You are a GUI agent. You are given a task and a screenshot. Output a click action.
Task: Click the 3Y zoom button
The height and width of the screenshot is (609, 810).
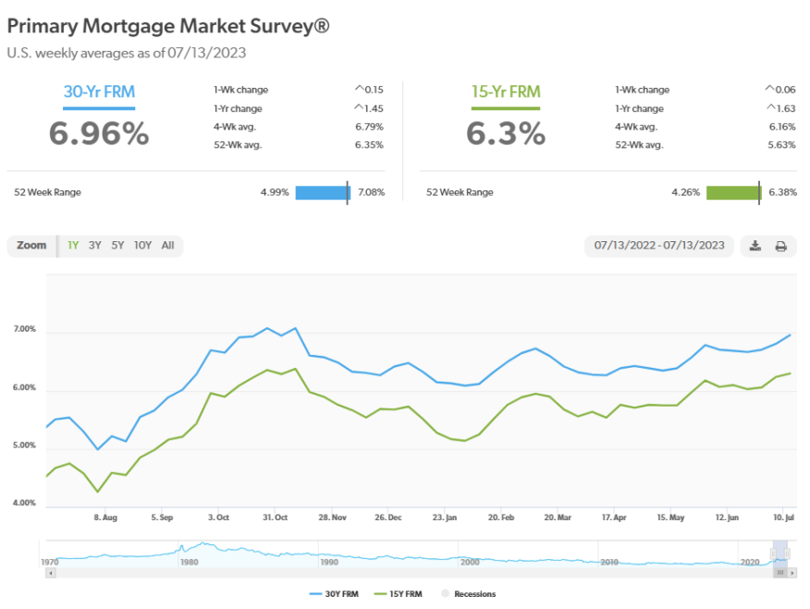click(x=95, y=246)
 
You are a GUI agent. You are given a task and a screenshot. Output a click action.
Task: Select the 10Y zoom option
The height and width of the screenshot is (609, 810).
click(x=142, y=246)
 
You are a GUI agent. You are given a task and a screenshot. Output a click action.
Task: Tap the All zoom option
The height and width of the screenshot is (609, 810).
click(x=167, y=246)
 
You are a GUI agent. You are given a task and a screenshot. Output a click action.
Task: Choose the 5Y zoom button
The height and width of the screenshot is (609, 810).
click(x=117, y=246)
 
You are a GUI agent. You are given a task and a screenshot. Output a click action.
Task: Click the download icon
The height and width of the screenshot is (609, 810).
click(x=755, y=246)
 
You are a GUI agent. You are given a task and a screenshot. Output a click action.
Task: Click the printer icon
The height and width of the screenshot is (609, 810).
click(x=780, y=246)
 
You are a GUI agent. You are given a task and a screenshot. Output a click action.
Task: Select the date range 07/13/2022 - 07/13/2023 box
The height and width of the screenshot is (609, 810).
click(x=660, y=246)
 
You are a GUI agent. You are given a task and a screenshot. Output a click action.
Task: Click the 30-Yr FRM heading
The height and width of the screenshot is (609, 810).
click(x=97, y=91)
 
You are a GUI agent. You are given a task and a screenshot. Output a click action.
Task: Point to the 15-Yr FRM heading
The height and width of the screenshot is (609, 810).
click(x=505, y=91)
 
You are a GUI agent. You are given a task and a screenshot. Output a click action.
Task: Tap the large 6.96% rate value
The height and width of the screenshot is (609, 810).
click(x=98, y=133)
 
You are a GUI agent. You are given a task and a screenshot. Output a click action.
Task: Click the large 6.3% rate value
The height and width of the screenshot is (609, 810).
click(x=505, y=133)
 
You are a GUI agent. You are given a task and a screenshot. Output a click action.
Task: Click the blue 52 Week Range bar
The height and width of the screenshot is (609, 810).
click(x=322, y=192)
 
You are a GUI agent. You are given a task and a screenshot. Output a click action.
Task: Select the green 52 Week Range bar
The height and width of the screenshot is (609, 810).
click(x=733, y=192)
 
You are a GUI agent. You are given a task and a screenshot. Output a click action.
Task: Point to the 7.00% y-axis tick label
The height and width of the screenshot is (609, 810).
click(x=25, y=330)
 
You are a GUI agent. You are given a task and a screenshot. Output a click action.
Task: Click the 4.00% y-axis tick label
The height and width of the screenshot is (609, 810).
click(x=25, y=504)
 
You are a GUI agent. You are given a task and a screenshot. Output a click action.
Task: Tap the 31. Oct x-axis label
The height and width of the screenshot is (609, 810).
click(x=276, y=518)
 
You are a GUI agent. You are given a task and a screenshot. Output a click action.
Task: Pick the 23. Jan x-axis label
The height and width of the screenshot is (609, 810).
click(x=446, y=518)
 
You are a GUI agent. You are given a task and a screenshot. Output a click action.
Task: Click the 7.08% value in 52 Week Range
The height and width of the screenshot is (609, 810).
click(x=370, y=192)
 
